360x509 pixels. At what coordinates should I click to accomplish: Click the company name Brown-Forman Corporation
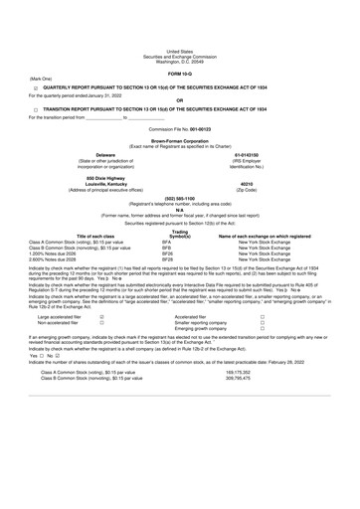180,115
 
